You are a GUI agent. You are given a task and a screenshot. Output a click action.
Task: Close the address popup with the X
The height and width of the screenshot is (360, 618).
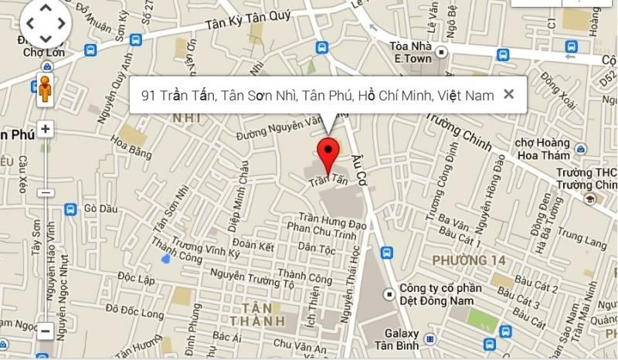[x=508, y=94]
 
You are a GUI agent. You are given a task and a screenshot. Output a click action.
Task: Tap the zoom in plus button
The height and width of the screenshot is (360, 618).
[x=46, y=129]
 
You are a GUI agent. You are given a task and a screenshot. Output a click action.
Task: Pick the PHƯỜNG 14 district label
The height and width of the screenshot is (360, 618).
[x=469, y=260]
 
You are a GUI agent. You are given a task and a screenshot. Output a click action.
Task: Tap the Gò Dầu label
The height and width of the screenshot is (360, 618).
[x=100, y=209]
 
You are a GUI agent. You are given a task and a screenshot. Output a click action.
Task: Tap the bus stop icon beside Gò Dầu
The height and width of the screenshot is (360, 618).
[x=70, y=209]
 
